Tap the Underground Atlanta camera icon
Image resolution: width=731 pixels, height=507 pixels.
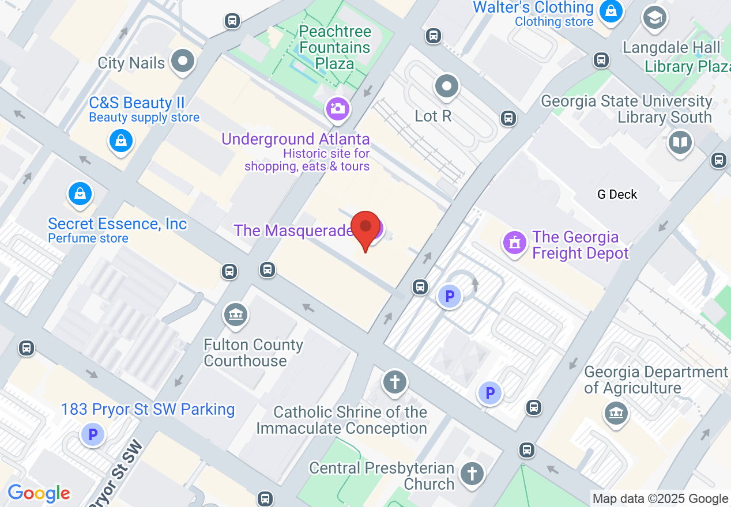coord(338,108)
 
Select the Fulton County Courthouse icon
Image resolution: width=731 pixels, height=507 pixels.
coord(236,315)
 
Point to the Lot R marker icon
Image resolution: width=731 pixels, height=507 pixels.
coord(446,86)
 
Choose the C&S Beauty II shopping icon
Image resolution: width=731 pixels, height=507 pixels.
coord(121,140)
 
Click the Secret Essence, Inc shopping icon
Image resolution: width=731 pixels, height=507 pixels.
coord(81,194)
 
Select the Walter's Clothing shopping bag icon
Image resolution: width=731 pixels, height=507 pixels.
coord(611,10)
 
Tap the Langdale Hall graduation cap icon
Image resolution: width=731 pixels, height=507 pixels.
coord(654,18)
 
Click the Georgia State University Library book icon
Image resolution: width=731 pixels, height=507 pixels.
coord(680,142)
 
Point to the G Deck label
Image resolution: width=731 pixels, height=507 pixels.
coord(617,194)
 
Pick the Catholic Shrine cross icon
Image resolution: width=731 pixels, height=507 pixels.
coord(395,382)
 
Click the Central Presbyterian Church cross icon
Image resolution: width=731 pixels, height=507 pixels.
coord(472,475)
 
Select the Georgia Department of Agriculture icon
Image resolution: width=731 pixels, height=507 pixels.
coord(616,413)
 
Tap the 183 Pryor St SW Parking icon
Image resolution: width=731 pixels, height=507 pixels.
coord(92,434)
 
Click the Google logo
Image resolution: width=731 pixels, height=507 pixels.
coord(39,493)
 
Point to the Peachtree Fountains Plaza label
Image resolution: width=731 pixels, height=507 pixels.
coord(335,47)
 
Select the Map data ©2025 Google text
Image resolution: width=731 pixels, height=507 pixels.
coord(661,499)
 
